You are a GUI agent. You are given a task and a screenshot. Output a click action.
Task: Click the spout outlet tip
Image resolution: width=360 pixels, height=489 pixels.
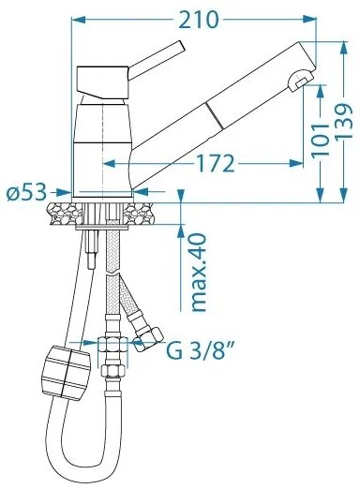click(300, 81)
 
